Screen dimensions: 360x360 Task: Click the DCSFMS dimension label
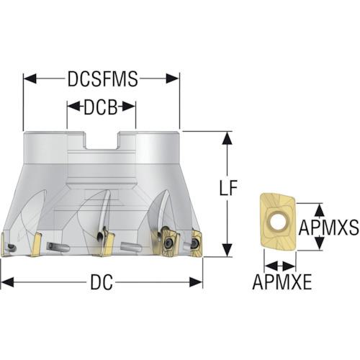click(103, 78)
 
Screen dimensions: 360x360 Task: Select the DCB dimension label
click(101, 107)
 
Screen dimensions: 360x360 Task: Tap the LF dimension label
click(228, 187)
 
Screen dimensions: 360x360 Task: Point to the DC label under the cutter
click(102, 282)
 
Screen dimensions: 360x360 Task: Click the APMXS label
click(328, 228)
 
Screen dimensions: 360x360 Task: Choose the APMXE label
click(282, 282)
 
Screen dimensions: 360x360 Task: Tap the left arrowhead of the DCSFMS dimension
click(30, 78)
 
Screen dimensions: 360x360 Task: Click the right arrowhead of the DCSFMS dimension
click(172, 78)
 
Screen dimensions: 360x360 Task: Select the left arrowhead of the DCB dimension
click(73, 107)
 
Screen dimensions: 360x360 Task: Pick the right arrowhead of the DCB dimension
click(129, 107)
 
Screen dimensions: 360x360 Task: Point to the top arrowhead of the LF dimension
click(227, 138)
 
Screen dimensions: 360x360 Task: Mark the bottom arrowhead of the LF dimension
click(227, 250)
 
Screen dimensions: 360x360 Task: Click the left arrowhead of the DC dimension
click(7, 282)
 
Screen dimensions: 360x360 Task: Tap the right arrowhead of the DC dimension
click(196, 282)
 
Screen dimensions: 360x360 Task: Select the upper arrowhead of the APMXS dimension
click(319, 210)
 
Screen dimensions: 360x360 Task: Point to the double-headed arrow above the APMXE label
click(279, 266)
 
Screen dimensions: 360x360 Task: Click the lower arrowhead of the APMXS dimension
click(319, 243)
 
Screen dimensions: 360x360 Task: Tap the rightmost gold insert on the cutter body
click(196, 243)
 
